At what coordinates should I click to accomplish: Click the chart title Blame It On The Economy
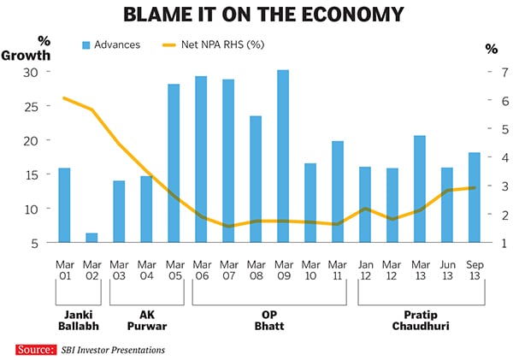pos(256,15)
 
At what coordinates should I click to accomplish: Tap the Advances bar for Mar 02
pos(91,238)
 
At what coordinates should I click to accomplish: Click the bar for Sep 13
pos(473,198)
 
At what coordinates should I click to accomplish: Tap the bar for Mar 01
pos(64,205)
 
